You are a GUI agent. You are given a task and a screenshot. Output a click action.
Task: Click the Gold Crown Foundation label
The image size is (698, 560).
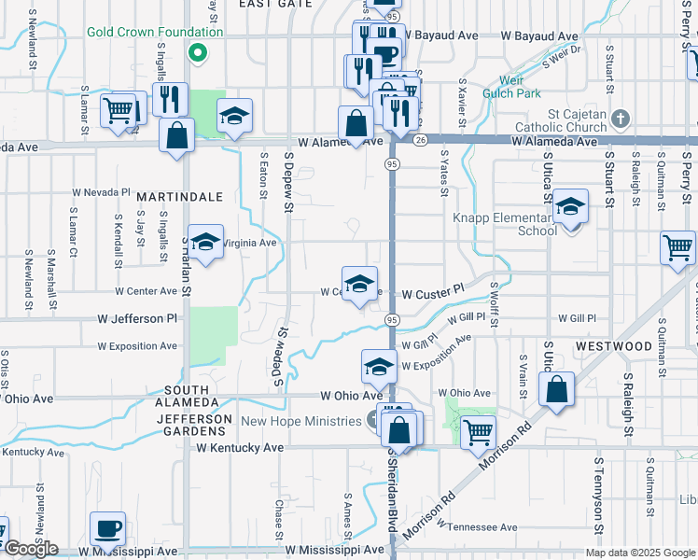(x=155, y=32)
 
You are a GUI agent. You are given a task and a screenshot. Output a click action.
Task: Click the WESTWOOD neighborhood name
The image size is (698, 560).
(x=613, y=345)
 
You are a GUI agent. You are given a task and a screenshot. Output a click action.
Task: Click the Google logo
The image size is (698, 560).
(x=31, y=549)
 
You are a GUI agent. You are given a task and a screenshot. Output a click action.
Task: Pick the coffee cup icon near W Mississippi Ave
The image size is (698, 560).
(x=107, y=529)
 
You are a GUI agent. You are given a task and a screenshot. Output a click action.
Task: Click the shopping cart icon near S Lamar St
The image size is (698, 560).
(x=118, y=109)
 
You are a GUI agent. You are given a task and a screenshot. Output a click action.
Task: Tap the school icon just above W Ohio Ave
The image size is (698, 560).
(x=378, y=366)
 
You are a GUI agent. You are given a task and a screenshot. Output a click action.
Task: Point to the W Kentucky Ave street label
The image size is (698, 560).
(x=240, y=448)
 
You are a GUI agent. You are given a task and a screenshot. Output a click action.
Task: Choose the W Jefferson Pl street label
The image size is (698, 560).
(x=138, y=318)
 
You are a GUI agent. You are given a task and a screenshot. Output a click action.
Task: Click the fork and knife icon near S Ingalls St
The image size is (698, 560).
(x=170, y=98)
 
